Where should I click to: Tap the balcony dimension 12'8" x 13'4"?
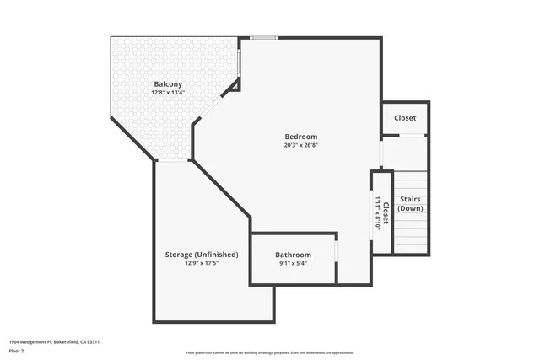click(x=169, y=93)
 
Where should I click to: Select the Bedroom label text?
click(x=300, y=137)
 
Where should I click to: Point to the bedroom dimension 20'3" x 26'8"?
click(x=300, y=146)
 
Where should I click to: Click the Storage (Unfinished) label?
click(x=201, y=254)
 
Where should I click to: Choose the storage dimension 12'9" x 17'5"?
click(x=201, y=263)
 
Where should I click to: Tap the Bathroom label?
click(x=294, y=255)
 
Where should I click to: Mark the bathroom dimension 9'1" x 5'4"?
click(x=294, y=264)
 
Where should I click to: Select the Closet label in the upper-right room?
click(x=405, y=118)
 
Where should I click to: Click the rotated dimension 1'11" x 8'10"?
click(x=377, y=212)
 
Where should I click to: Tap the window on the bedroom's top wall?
click(x=263, y=37)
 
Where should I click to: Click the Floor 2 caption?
click(x=18, y=352)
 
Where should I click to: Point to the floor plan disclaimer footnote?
click(x=270, y=352)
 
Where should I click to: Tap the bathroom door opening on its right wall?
click(x=337, y=252)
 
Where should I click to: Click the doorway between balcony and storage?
click(x=173, y=160)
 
